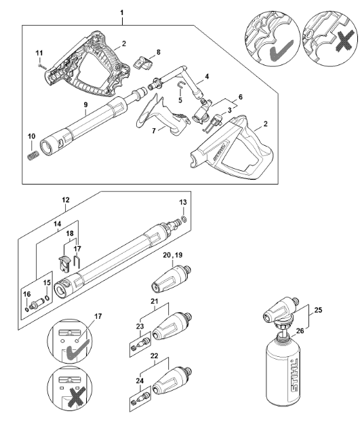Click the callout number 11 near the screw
[x=39, y=53]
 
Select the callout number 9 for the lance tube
[x=85, y=104]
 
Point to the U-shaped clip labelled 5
[x=180, y=85]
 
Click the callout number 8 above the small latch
[x=159, y=52]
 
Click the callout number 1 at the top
[x=122, y=13]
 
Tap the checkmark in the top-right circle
[x=281, y=50]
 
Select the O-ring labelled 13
[x=184, y=218]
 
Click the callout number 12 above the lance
[x=66, y=199]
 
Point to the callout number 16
[x=27, y=294]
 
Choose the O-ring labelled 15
[x=47, y=298]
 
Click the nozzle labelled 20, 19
[x=171, y=279]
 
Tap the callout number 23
[x=140, y=326]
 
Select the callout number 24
[x=140, y=381]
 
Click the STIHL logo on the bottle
[x=294, y=375]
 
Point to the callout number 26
[x=300, y=330]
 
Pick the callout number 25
[x=318, y=310]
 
